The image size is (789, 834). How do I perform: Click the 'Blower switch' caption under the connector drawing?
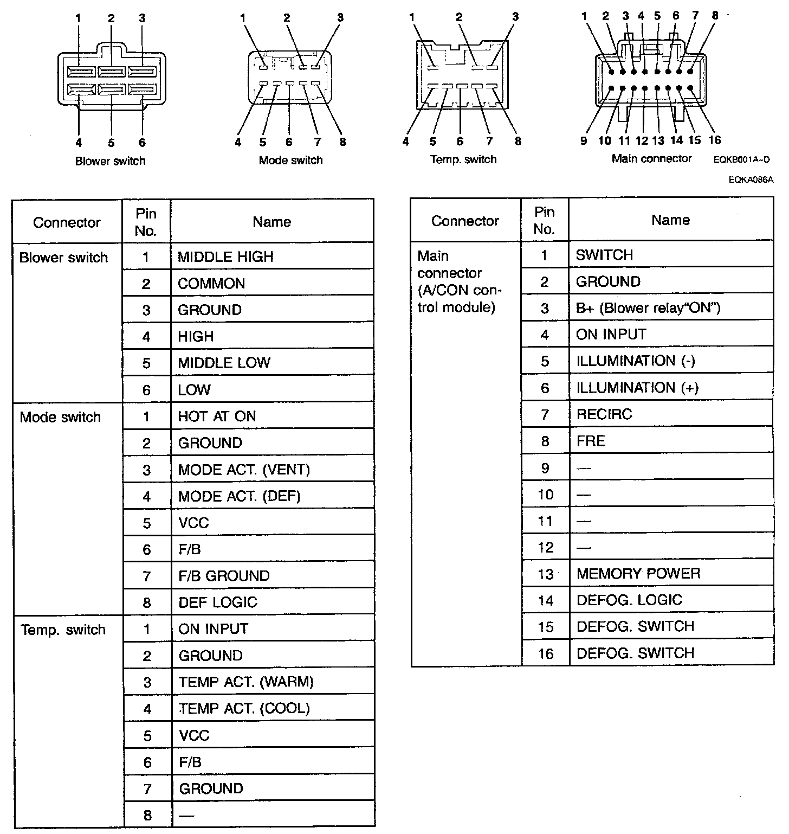click(x=111, y=161)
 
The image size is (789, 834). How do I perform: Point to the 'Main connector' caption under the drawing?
click(x=651, y=158)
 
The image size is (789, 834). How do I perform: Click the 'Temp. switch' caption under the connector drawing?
click(x=463, y=159)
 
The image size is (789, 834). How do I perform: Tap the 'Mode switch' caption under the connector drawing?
click(x=290, y=160)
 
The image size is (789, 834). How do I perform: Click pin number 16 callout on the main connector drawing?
click(x=715, y=140)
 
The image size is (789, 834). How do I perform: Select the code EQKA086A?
click(x=751, y=179)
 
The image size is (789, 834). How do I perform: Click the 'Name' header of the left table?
click(x=272, y=222)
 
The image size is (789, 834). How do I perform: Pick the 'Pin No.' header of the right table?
click(x=544, y=220)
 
